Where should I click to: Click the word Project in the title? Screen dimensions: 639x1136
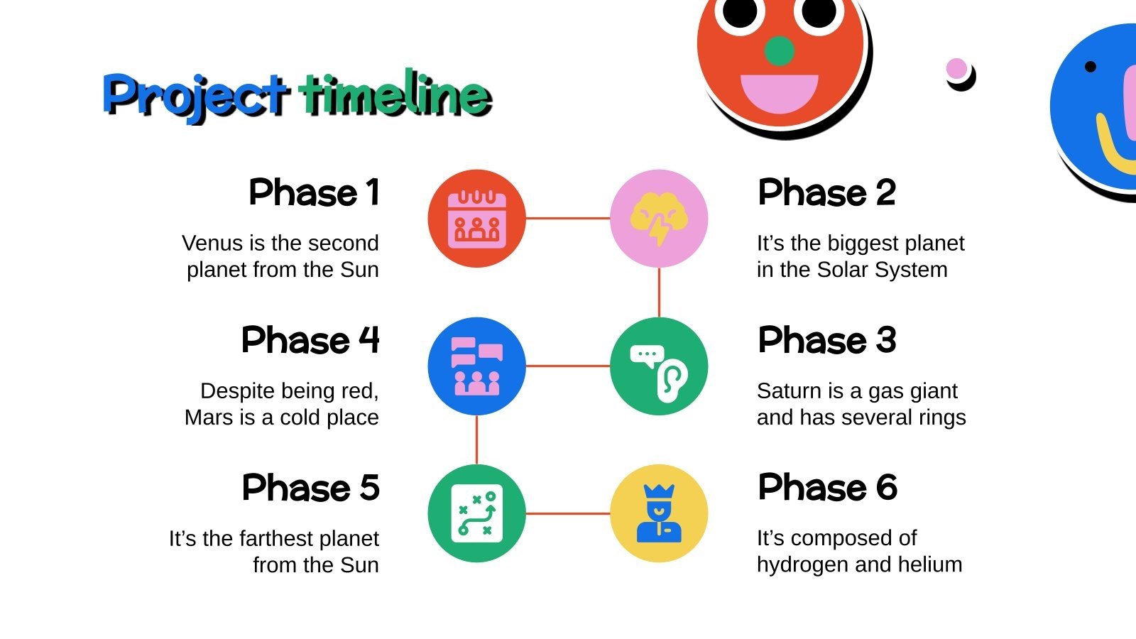tap(195, 95)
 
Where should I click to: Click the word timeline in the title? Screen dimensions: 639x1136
tap(395, 94)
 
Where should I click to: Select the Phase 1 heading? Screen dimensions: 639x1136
tap(314, 192)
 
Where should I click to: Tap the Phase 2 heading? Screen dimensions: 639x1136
tap(827, 192)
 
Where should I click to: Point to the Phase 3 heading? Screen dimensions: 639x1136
tap(827, 340)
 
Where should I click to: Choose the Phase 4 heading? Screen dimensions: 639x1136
tap(310, 340)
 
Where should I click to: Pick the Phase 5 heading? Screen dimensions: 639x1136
tap(311, 488)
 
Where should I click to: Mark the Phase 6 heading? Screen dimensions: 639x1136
tap(828, 488)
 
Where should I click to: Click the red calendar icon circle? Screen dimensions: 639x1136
tap(476, 219)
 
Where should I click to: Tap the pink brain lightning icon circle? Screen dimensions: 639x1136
tap(659, 219)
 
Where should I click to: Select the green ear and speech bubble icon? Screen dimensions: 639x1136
tap(659, 366)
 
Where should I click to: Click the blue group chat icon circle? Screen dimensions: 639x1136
tap(476, 366)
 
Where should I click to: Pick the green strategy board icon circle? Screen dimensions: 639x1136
tap(476, 513)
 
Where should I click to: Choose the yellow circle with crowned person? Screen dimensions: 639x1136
tap(659, 513)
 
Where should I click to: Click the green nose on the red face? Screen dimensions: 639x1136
tap(779, 51)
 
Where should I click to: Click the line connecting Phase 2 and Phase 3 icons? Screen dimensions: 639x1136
tap(659, 293)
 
